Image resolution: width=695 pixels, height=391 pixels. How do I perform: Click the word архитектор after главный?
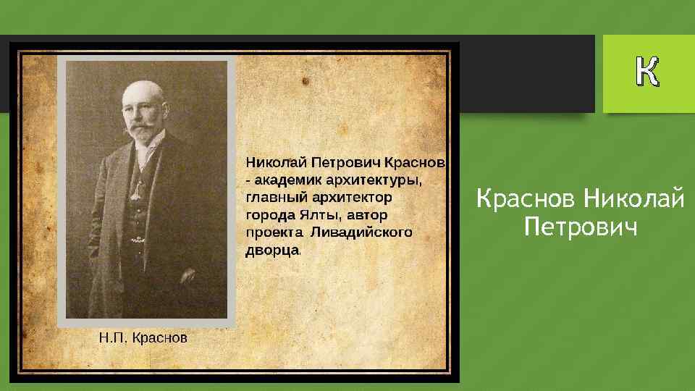(352, 196)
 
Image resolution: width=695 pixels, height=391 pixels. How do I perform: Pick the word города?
(270, 215)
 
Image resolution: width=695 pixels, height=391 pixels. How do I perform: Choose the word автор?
(368, 215)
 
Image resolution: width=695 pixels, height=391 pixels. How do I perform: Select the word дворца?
(272, 251)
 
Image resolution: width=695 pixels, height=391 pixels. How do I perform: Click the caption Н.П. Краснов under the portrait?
(143, 337)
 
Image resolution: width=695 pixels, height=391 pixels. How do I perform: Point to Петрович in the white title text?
(581, 228)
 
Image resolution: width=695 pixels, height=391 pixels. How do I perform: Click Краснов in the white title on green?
(526, 197)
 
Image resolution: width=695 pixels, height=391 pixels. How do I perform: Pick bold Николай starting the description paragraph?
(274, 160)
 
